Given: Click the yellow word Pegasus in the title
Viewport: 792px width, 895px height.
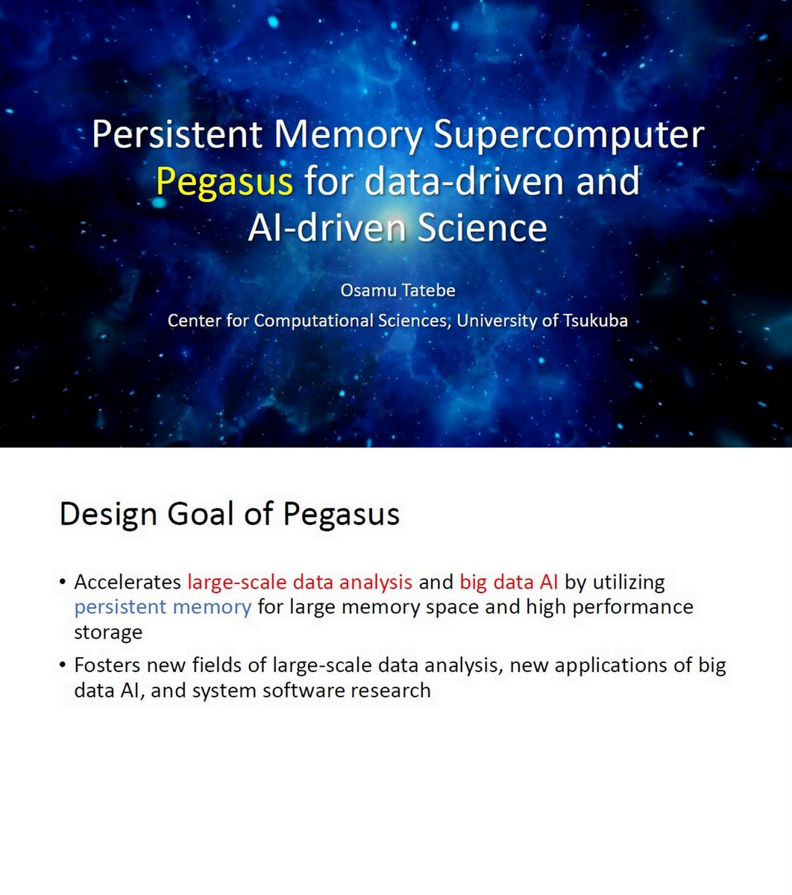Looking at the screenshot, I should pyautogui.click(x=224, y=181).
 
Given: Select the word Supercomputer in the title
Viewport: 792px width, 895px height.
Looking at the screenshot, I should pyautogui.click(x=568, y=135).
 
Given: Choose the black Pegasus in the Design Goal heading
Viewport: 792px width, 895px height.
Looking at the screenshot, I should pyautogui.click(x=341, y=515).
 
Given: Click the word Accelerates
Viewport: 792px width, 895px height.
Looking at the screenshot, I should pyautogui.click(x=128, y=582).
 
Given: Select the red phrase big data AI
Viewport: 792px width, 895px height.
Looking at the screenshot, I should pyautogui.click(x=509, y=582).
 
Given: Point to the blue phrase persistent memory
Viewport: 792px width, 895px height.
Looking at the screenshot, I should pyautogui.click(x=163, y=607).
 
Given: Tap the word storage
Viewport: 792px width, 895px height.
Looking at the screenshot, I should pyautogui.click(x=107, y=632).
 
